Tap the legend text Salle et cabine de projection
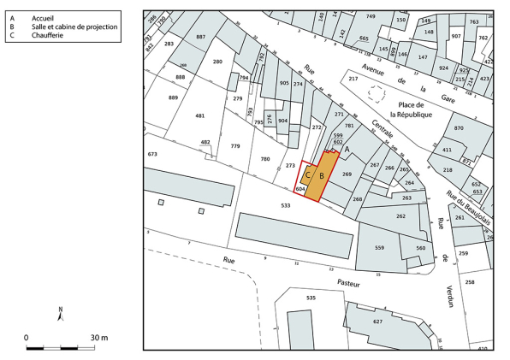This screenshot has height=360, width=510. pyautogui.click(x=74, y=27)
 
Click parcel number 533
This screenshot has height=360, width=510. pyautogui.click(x=285, y=206)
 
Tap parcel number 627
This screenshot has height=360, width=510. pyautogui.click(x=377, y=322)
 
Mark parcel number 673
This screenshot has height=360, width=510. pyautogui.click(x=153, y=154)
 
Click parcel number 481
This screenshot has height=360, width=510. pyautogui.click(x=200, y=115)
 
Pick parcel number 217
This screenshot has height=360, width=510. pyautogui.click(x=353, y=80)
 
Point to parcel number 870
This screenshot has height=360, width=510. pyautogui.click(x=459, y=128)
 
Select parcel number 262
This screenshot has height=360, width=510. pyautogui.click(x=400, y=216)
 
